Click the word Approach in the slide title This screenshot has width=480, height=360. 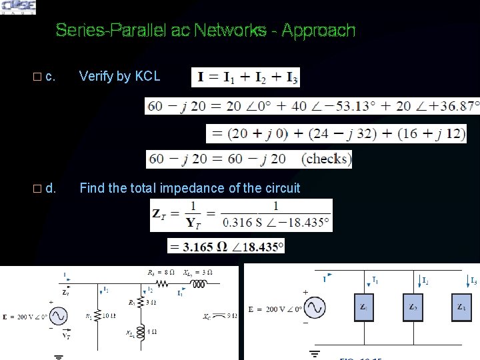319,31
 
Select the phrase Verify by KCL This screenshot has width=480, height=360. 119,76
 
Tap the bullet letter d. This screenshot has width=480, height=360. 51,188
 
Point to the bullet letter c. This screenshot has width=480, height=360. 50,76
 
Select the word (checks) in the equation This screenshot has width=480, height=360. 325,159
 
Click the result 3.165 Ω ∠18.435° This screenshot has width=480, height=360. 227,247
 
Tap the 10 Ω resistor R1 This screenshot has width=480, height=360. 98,316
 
